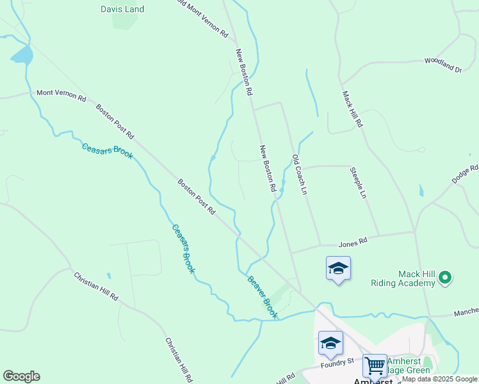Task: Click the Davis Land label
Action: click(122, 9)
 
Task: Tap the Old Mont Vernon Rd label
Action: click(202, 17)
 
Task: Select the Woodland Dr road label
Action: click(442, 65)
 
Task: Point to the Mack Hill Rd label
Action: click(353, 109)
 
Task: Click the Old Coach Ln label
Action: click(300, 175)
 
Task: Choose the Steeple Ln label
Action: click(358, 182)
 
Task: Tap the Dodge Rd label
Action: click(465, 174)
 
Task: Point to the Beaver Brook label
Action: click(263, 296)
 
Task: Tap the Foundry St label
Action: click(337, 362)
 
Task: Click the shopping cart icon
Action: click(375, 366)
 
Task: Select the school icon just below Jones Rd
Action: click(338, 268)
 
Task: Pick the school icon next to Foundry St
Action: click(330, 344)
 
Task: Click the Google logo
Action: click(21, 376)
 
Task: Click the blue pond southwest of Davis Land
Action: click(22, 56)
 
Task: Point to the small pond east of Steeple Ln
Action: click(421, 191)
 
